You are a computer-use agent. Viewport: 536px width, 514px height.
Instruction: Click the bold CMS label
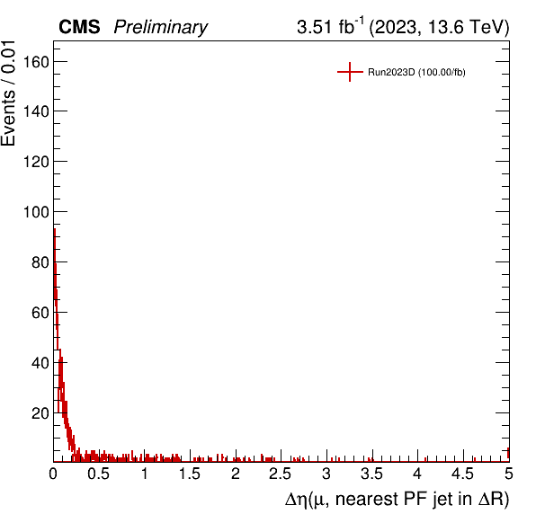79,27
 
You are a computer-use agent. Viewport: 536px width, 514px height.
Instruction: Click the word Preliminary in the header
161,27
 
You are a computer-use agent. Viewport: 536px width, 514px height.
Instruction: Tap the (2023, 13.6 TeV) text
439,27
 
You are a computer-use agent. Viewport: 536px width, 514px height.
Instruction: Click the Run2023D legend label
416,73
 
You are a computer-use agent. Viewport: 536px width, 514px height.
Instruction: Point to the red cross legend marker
350,72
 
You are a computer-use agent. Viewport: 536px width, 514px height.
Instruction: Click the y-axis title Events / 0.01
8,93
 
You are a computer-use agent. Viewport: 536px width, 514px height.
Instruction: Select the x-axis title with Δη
397,499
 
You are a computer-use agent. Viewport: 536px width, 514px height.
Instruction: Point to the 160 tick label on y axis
36,62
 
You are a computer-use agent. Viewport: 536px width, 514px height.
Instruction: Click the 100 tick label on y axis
36,212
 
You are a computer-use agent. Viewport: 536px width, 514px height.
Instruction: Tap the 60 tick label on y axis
40,313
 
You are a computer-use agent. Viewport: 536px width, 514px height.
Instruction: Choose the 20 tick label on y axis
40,413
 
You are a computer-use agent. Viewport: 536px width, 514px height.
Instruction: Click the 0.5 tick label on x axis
98,474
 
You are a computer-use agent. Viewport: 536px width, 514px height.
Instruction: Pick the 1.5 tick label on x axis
190,474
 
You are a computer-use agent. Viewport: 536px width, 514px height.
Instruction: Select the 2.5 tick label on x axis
281,474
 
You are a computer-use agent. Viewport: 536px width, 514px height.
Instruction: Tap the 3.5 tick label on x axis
371,474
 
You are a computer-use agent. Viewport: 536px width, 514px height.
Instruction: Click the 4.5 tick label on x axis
463,474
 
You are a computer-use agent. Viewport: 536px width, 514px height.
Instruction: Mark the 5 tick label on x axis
509,474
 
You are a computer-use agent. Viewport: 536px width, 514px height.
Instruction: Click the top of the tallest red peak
54,229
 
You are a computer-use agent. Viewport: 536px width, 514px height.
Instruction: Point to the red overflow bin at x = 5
508,453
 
